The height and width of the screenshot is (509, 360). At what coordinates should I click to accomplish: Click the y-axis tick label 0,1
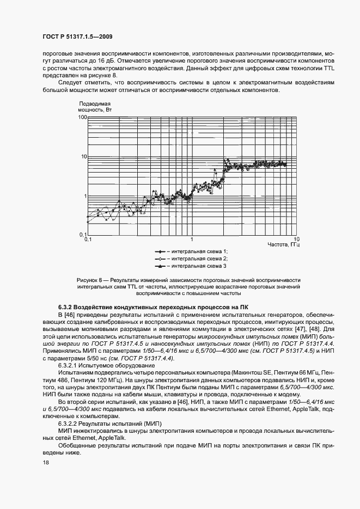83,235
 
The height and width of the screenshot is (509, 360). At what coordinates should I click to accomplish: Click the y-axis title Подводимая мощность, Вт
95,106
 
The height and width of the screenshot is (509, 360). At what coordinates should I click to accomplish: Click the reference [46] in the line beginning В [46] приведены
70,315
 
